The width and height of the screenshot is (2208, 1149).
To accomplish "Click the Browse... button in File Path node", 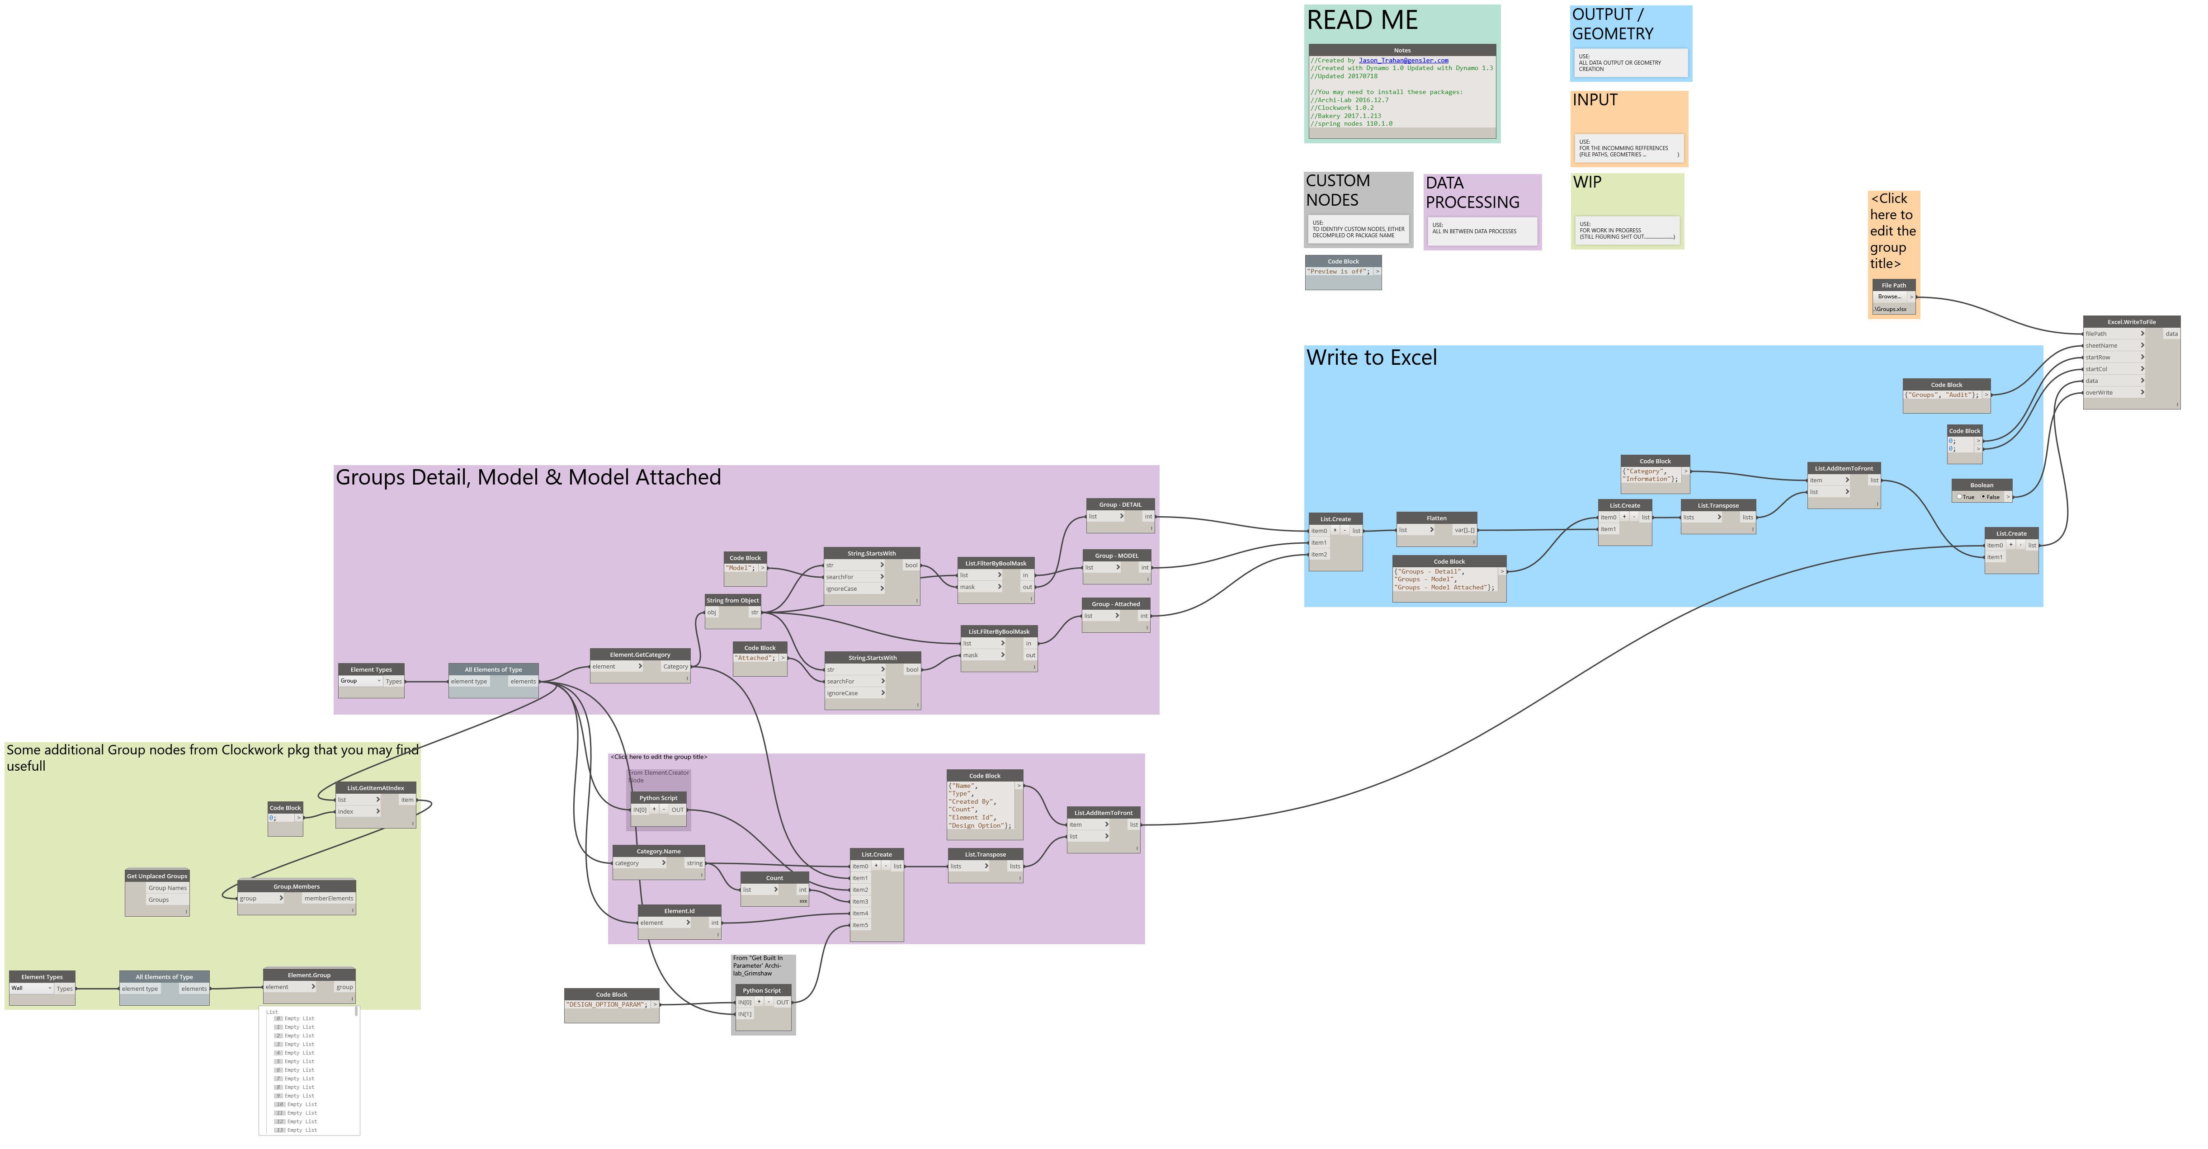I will [x=1889, y=297].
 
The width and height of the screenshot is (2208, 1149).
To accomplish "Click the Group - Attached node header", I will [x=1115, y=604].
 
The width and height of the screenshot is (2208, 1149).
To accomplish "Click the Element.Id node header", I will [x=679, y=911].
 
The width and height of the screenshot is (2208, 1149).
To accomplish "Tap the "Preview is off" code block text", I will [x=1338, y=272].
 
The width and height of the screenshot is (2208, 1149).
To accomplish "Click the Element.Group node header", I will [x=309, y=975].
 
